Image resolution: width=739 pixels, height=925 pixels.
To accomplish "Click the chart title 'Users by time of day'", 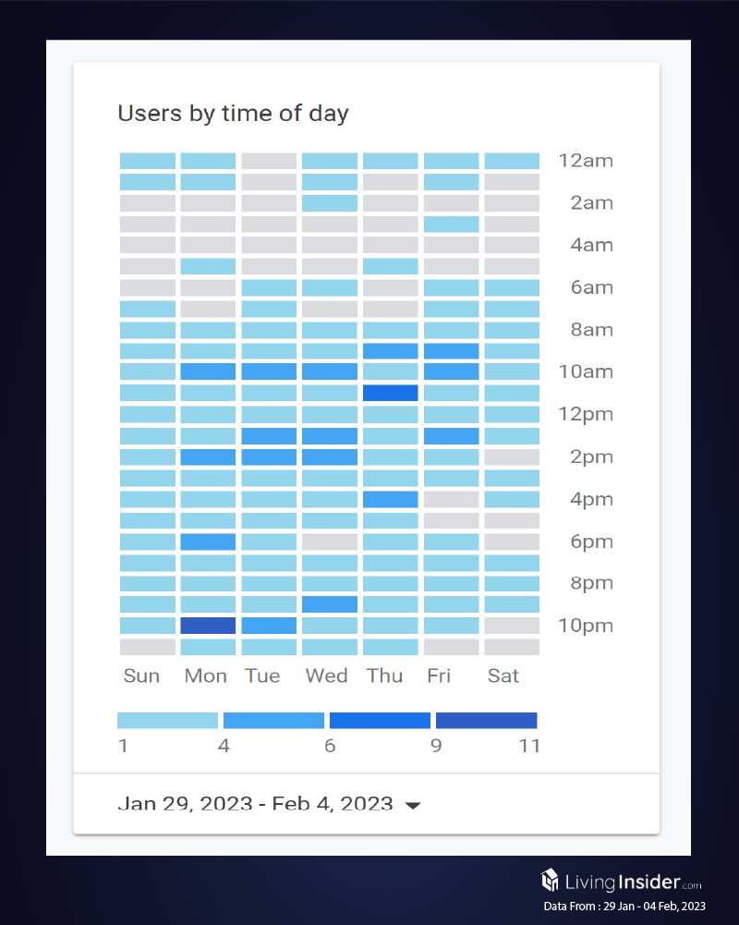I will point(233,114).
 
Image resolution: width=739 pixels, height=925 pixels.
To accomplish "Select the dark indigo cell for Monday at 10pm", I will point(208,626).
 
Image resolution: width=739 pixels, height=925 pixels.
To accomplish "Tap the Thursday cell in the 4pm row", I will point(390,499).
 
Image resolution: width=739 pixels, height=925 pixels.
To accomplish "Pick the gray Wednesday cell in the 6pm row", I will point(329,542).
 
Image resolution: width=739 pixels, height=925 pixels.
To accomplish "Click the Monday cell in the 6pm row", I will point(208,542).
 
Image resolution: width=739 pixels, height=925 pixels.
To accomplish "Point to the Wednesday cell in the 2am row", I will point(329,203).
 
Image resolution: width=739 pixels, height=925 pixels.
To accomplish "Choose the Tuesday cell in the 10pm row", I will point(269,626).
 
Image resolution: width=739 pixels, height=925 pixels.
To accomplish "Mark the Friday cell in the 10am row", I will point(451,371).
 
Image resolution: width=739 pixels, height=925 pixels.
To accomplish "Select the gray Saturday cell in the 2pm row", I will point(512,456).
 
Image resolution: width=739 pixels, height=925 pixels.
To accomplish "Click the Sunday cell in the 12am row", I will point(147,161).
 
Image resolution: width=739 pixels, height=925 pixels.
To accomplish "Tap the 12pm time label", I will point(586,414).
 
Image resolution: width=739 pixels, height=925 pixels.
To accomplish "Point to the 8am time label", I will point(591,330).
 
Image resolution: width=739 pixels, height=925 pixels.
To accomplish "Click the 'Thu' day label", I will point(384,676).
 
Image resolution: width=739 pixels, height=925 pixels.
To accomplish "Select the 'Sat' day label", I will point(503,676).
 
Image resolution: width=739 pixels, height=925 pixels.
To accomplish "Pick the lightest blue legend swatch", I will point(167,721).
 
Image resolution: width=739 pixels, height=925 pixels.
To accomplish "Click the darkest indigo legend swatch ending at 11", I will point(486,721).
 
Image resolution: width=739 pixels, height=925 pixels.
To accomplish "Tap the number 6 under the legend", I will point(330,746).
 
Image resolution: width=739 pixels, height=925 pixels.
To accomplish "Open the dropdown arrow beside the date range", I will point(413,806).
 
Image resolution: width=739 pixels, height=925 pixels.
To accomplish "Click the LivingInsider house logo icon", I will point(550,879).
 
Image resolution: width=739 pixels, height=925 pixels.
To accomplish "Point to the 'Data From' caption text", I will point(624,907).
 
